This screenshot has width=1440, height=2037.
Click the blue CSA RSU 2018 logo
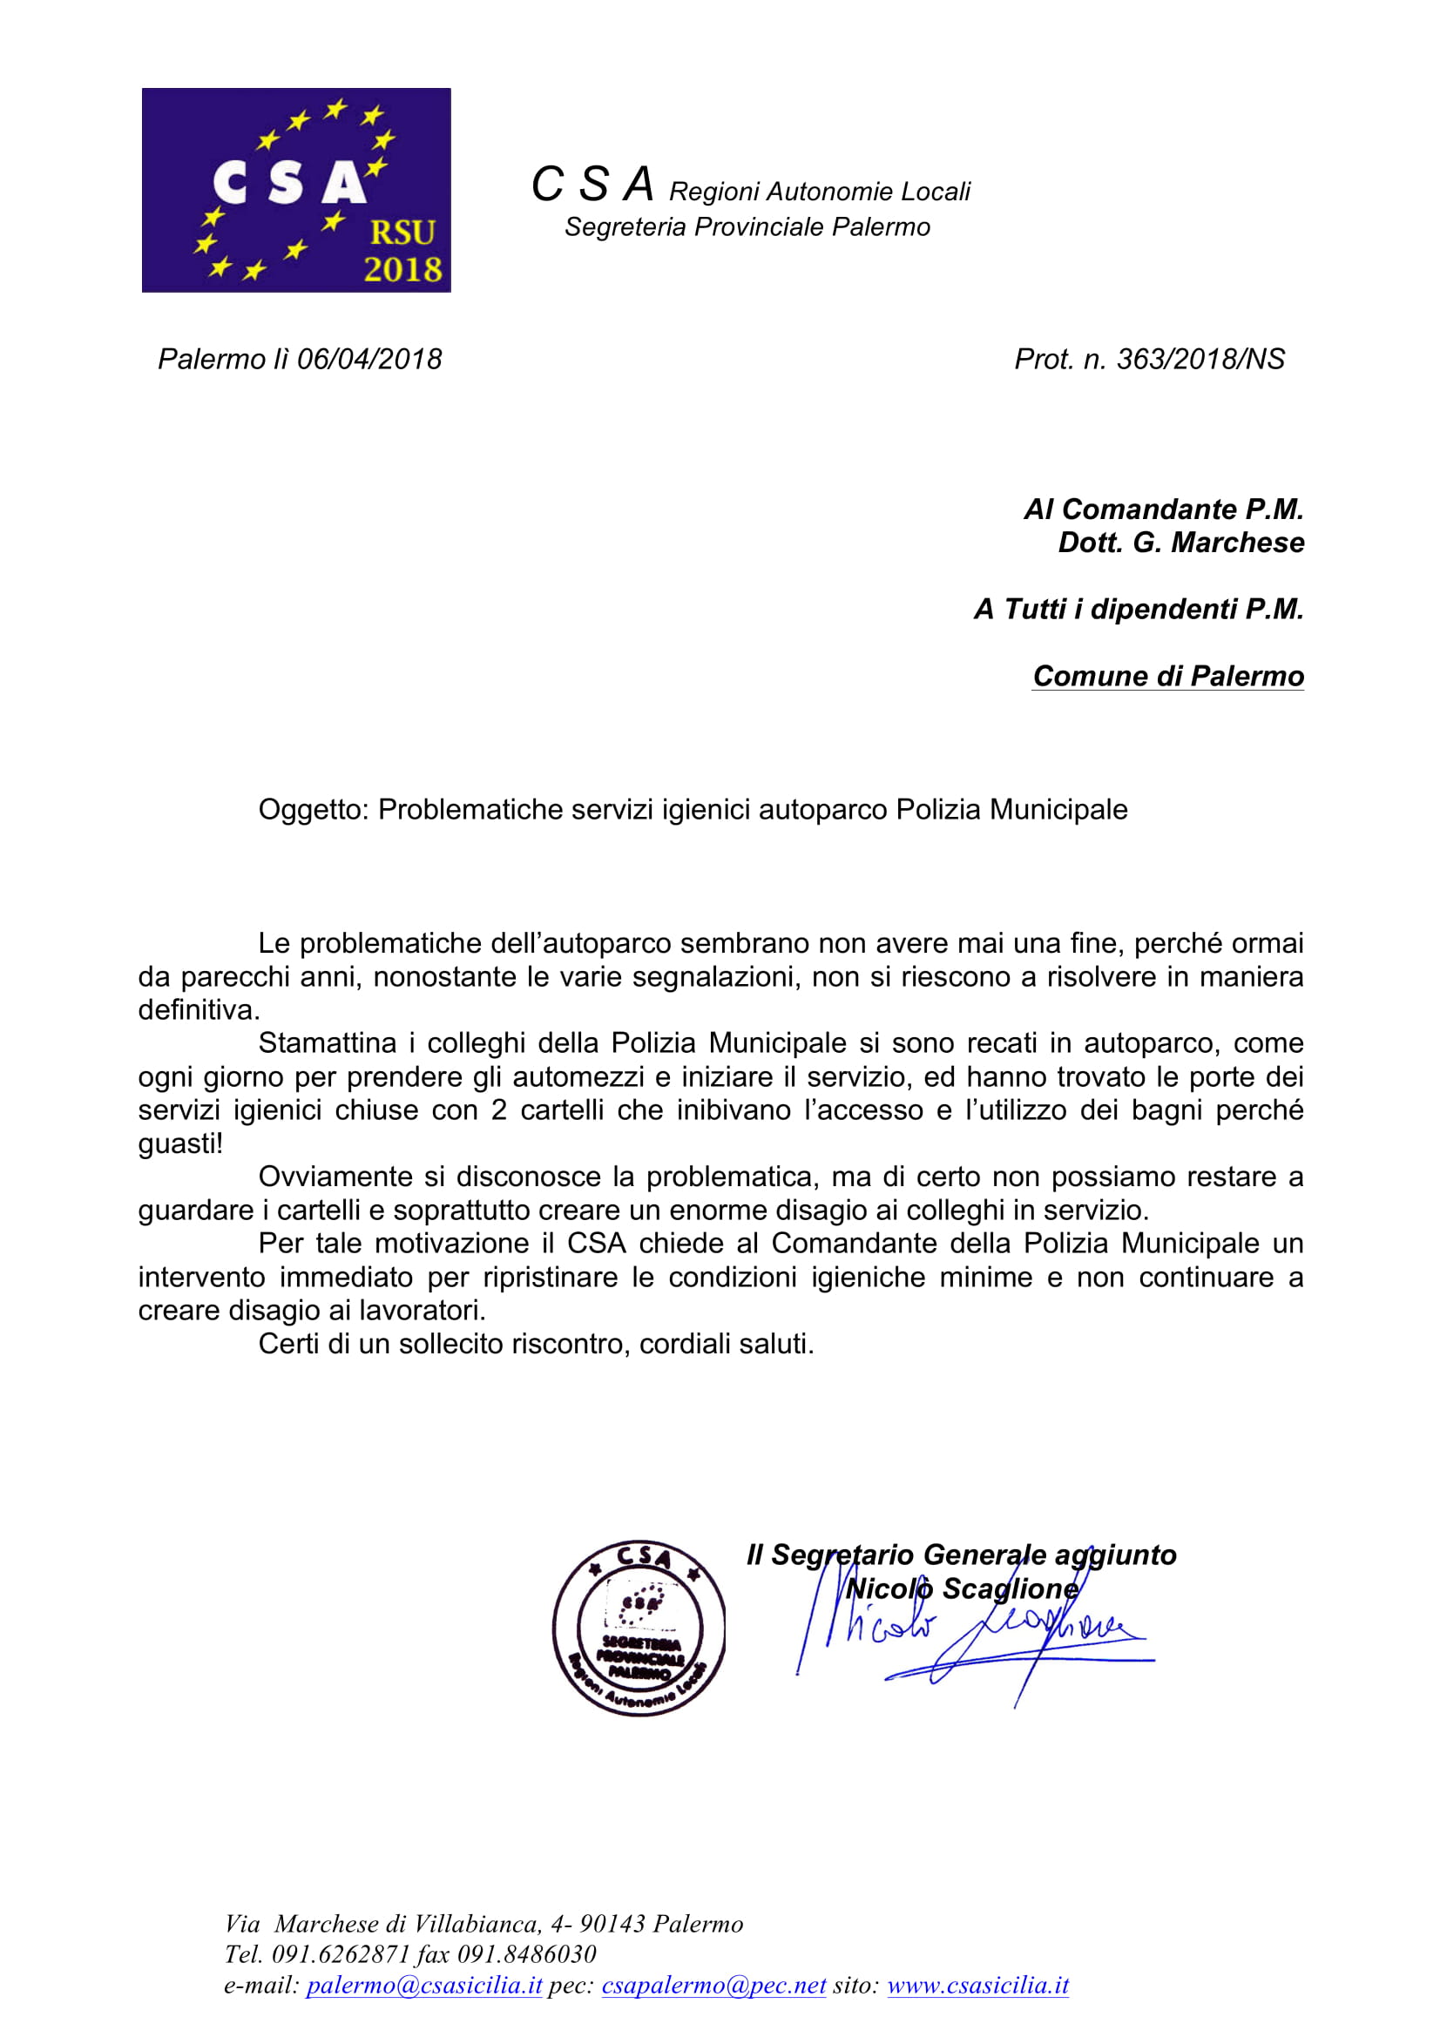pos(295,190)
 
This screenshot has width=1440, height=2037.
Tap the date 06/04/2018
pos(369,360)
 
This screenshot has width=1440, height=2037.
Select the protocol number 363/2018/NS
pos(1200,360)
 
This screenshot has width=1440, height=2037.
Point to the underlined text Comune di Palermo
pos(1167,676)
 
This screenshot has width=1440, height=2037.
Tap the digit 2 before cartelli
pos(498,1110)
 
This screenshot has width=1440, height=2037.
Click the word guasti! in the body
pos(180,1144)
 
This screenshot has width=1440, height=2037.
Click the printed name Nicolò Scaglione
pos(963,1588)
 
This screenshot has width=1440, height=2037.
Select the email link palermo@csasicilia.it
pos(423,1986)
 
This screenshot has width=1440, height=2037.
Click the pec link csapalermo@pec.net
pos(713,1986)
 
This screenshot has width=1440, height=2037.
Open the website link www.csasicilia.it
pos(977,1986)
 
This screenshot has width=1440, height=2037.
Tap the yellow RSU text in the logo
pos(402,233)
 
